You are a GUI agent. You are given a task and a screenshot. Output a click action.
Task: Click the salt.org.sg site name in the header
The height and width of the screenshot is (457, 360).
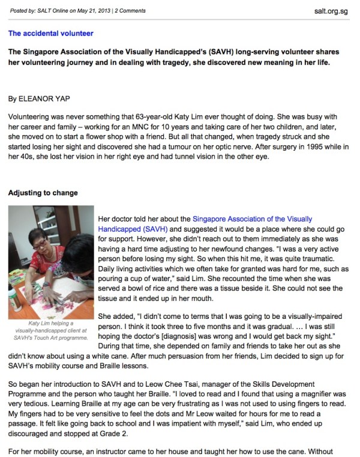(x=331, y=10)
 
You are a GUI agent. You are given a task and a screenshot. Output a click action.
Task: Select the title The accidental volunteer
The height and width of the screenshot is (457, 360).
(x=50, y=33)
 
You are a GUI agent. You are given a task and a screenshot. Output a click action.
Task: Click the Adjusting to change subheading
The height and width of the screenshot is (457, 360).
(x=43, y=193)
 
